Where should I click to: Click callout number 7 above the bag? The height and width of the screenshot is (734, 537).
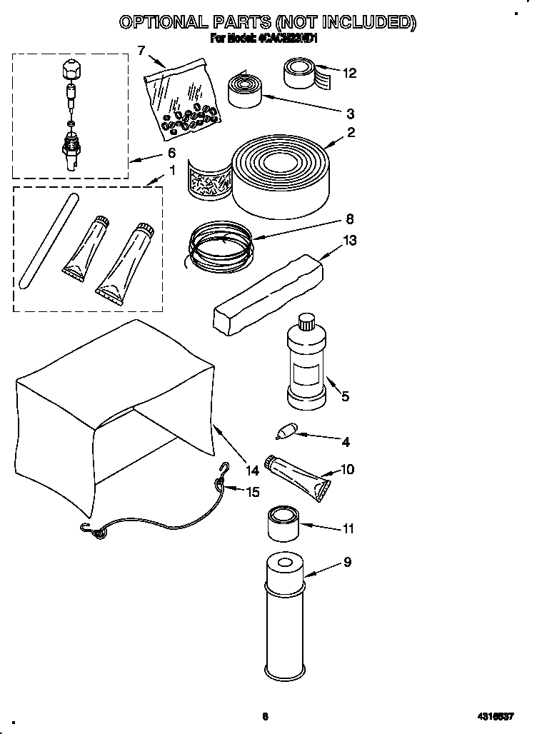141,49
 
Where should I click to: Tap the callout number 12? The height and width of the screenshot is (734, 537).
349,73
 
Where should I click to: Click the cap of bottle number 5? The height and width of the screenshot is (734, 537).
307,321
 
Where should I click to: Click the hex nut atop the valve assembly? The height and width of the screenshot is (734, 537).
70,69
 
